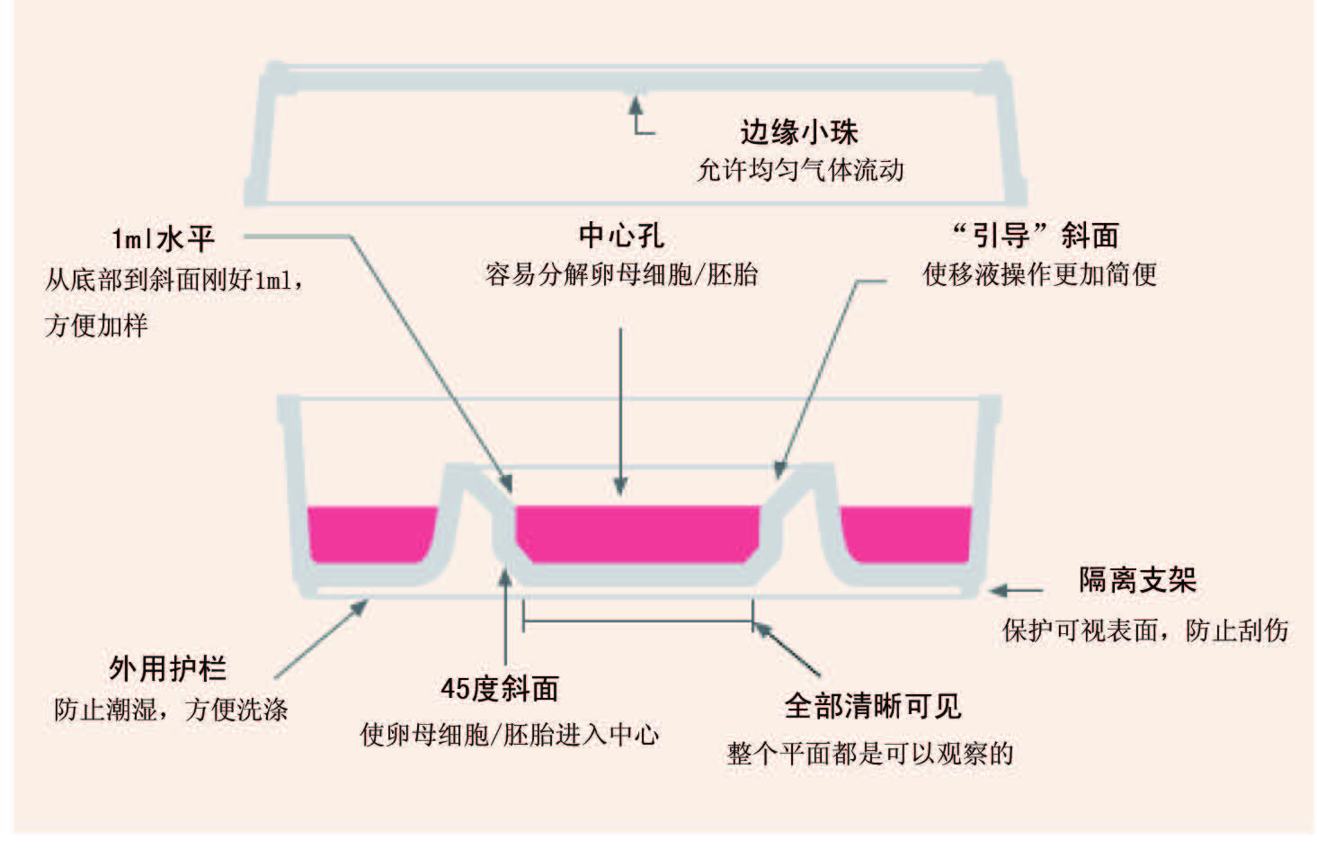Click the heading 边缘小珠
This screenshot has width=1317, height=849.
(x=798, y=132)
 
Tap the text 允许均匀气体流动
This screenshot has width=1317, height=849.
(x=800, y=170)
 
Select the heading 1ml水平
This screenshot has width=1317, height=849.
(x=163, y=238)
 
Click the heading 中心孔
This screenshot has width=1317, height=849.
(x=621, y=236)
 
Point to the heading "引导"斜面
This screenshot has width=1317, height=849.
(x=1036, y=236)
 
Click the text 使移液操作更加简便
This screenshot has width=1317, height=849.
(x=1039, y=274)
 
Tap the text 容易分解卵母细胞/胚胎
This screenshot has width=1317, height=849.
(x=621, y=274)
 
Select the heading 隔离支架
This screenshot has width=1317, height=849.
(x=1137, y=580)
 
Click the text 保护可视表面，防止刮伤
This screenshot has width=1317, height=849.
(x=1144, y=630)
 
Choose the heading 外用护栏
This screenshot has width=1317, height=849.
(x=167, y=668)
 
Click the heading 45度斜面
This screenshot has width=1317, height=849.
(x=499, y=689)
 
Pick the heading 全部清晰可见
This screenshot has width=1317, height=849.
(x=873, y=706)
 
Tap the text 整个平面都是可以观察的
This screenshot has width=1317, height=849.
(x=869, y=753)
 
